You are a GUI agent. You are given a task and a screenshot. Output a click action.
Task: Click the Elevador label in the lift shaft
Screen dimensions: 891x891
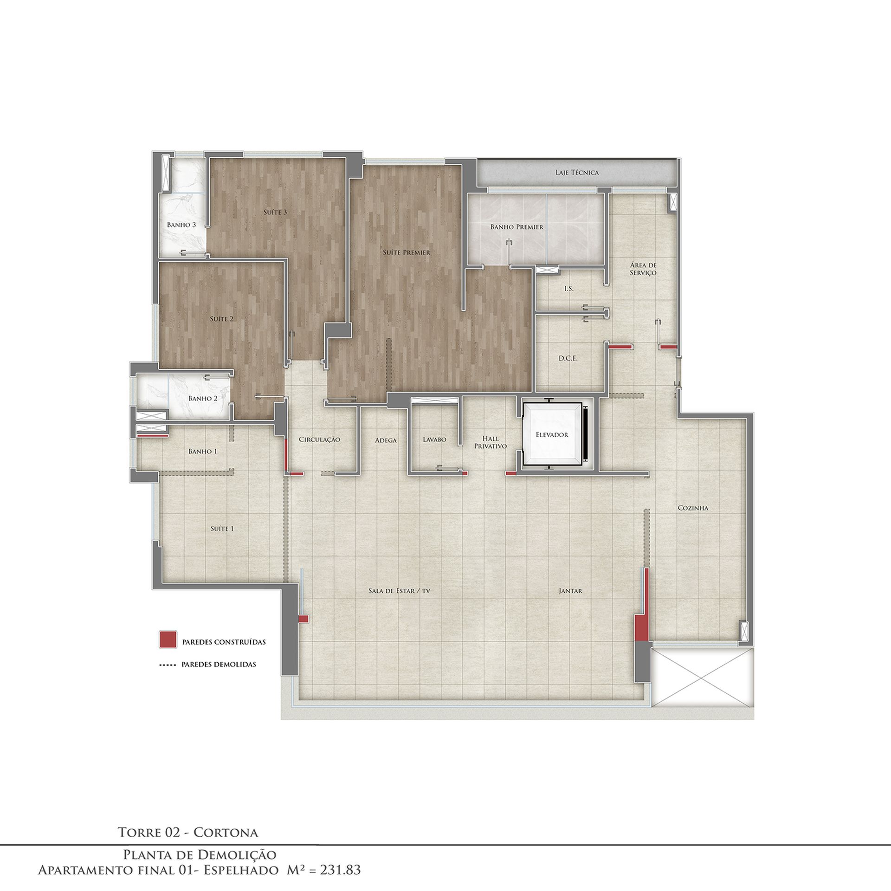click(552, 435)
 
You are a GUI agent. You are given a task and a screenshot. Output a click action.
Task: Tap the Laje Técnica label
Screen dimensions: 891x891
click(577, 173)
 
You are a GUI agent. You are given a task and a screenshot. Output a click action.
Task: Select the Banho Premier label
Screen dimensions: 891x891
click(517, 227)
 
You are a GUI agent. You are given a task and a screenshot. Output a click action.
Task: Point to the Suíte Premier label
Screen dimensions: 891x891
click(407, 253)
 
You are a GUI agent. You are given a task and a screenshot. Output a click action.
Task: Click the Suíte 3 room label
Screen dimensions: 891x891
click(275, 213)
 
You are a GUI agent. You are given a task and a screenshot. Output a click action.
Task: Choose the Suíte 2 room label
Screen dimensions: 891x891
click(221, 319)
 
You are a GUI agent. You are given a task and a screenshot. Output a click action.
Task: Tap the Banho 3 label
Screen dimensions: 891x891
click(181, 225)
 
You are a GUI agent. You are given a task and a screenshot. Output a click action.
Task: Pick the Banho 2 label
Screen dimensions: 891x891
click(203, 399)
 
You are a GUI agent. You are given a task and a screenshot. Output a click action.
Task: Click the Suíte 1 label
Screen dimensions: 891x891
click(222, 529)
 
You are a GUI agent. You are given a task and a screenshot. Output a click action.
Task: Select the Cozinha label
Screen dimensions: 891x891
click(693, 508)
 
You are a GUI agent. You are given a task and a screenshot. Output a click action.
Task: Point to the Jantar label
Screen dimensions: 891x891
click(570, 591)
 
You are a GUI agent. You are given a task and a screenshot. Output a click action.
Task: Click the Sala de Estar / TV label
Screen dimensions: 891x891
click(397, 591)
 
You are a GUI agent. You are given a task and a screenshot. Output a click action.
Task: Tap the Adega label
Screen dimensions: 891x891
click(386, 440)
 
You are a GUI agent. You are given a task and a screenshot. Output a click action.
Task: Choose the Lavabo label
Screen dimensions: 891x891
click(434, 439)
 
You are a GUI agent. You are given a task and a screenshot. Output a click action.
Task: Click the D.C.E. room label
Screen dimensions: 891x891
click(568, 359)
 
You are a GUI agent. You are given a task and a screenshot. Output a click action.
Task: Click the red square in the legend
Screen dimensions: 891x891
click(168, 639)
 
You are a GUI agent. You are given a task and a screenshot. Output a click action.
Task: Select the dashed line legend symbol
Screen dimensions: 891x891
click(168, 665)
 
